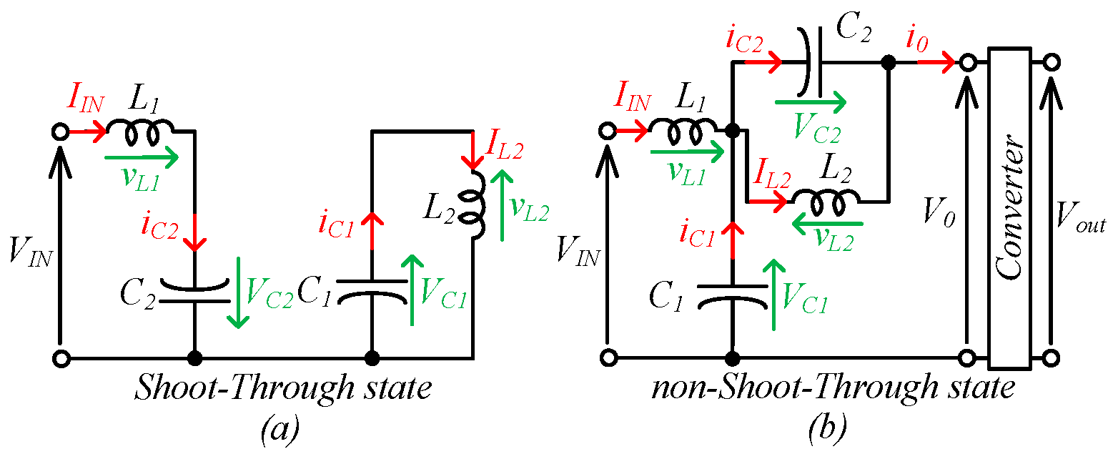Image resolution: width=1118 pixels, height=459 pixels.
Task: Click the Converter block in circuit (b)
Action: (x=1010, y=207)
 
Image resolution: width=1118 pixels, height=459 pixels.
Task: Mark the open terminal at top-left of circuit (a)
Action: (x=61, y=132)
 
